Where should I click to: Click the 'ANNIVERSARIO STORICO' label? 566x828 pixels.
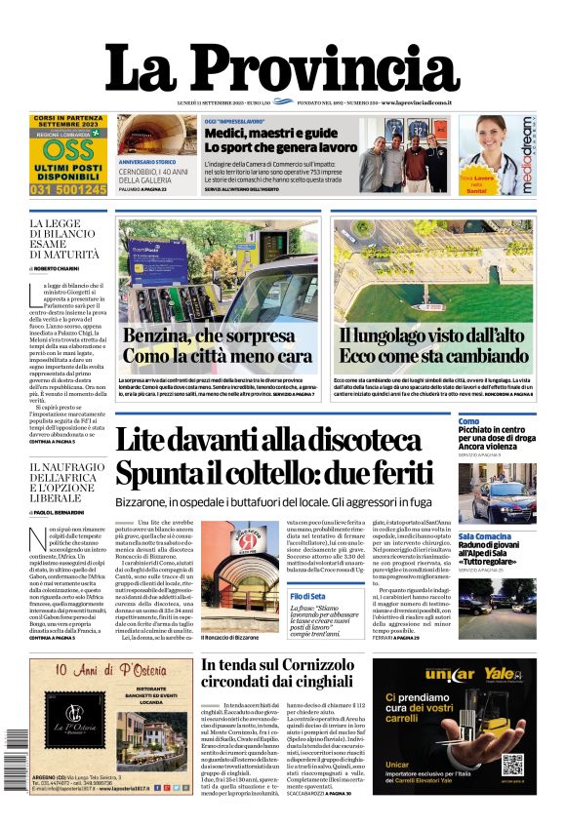[x=153, y=160]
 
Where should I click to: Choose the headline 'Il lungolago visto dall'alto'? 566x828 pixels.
[x=432, y=336]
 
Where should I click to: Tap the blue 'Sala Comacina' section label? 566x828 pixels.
[x=486, y=536]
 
